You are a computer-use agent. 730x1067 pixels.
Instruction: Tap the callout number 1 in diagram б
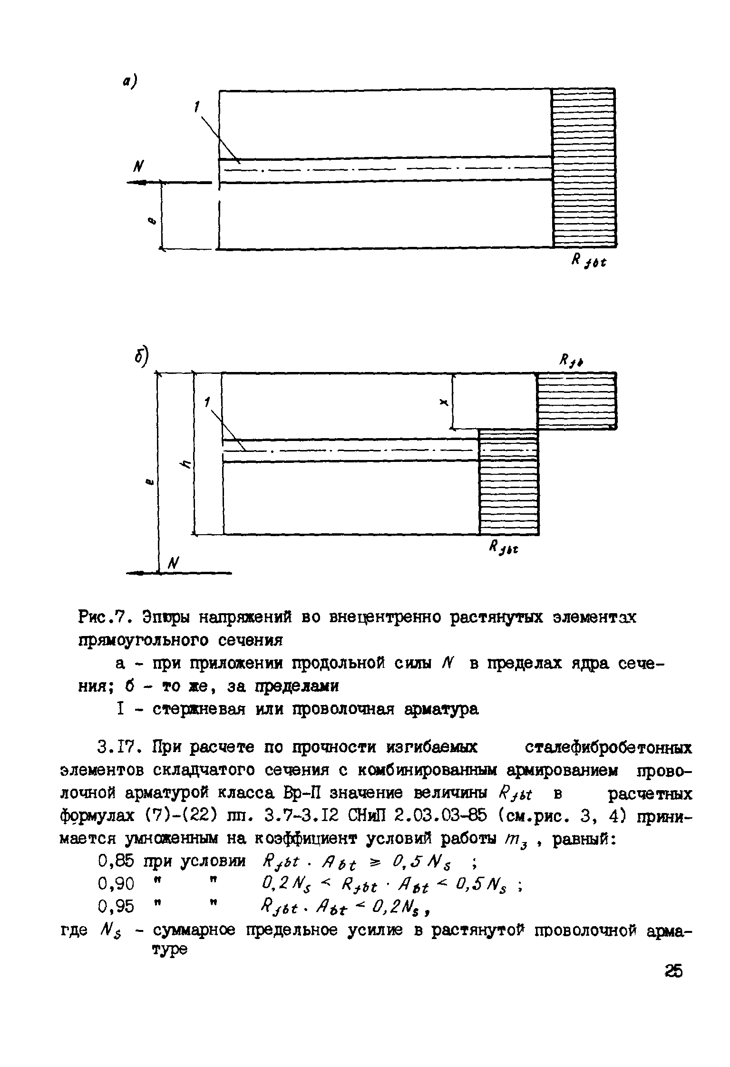(x=207, y=402)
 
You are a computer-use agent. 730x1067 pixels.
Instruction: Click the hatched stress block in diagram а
(x=584, y=167)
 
